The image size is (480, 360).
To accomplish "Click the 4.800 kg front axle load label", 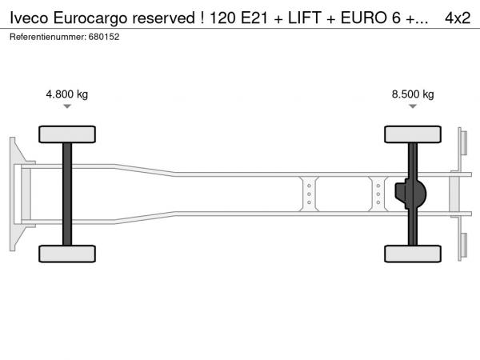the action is pyautogui.click(x=66, y=94).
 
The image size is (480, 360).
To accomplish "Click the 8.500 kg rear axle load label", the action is pyautogui.click(x=413, y=94).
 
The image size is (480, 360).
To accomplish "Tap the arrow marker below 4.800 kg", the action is pyautogui.click(x=67, y=106).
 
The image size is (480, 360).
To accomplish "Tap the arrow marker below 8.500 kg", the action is pyautogui.click(x=413, y=106).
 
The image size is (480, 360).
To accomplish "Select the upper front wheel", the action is pyautogui.click(x=67, y=134).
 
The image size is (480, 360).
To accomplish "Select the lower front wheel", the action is pyautogui.click(x=67, y=254).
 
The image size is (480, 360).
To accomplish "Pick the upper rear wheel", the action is pyautogui.click(x=413, y=134).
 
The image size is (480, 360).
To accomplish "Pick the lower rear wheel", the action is pyautogui.click(x=413, y=254).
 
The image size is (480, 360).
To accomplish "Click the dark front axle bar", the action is pyautogui.click(x=67, y=194).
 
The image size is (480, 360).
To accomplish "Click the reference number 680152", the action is pyautogui.click(x=104, y=37).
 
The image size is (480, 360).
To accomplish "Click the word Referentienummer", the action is pyautogui.click(x=48, y=37).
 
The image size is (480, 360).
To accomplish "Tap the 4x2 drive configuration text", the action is pyautogui.click(x=458, y=18).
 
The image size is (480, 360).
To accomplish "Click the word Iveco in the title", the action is pyautogui.click(x=29, y=18).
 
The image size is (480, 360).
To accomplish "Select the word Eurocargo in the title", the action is pyautogui.click(x=90, y=19).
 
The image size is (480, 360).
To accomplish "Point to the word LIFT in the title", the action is pyautogui.click(x=304, y=18).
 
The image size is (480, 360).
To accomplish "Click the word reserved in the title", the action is pyautogui.click(x=163, y=18).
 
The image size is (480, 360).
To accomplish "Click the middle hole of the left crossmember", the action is pyautogui.click(x=309, y=194).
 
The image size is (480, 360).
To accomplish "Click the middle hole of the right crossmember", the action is pyautogui.click(x=378, y=194).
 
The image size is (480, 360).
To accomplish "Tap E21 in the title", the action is pyautogui.click(x=254, y=18).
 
